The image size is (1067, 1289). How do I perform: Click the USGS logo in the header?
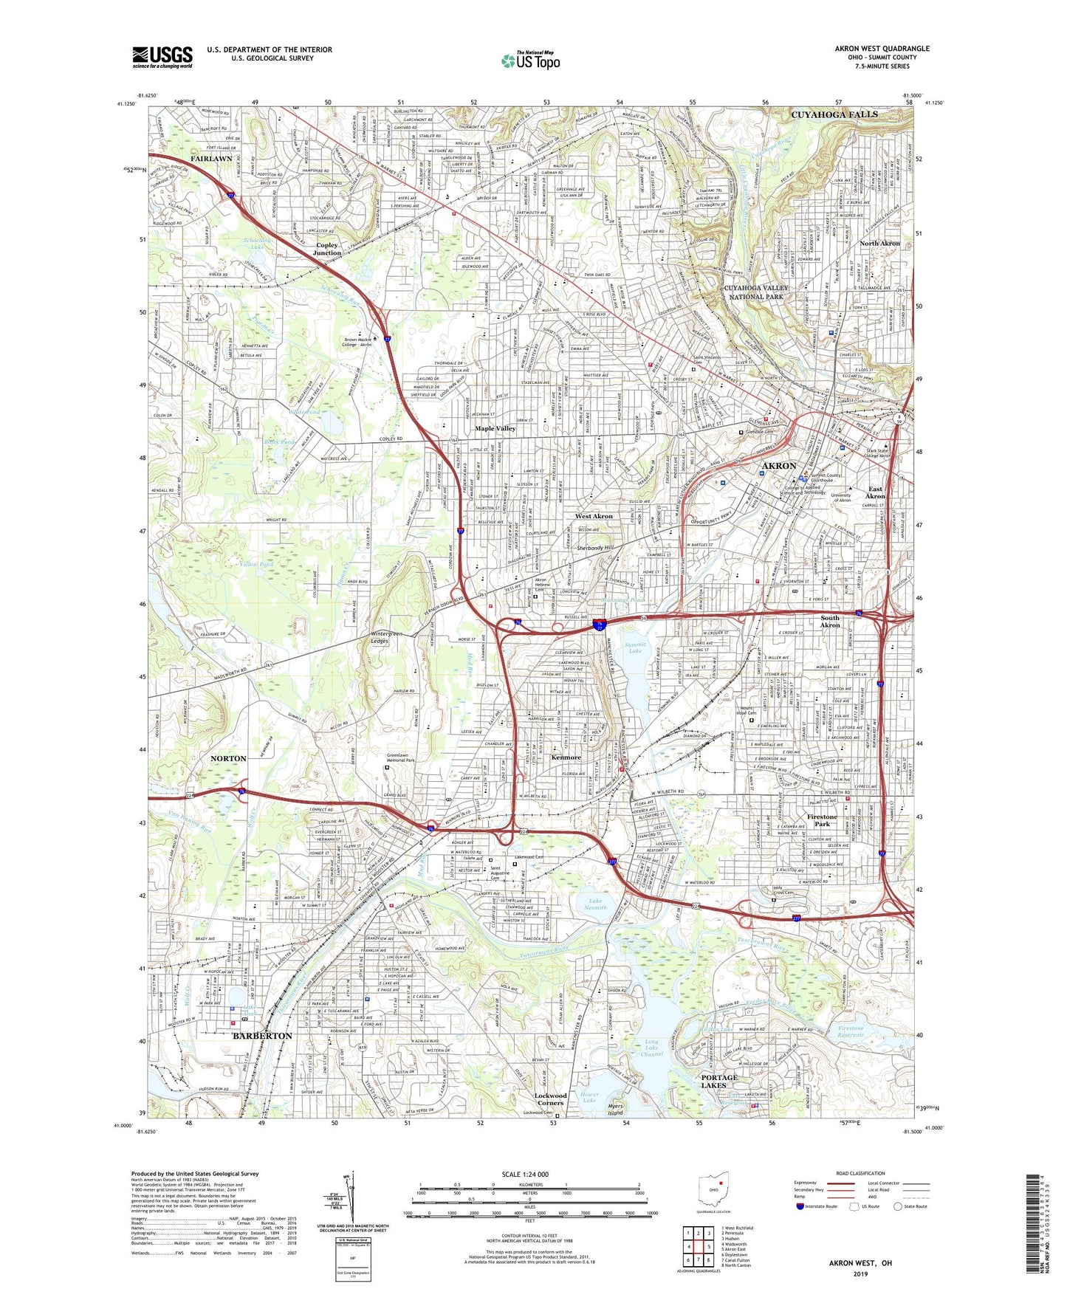coord(162,57)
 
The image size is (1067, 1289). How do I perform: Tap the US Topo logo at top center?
coord(530,61)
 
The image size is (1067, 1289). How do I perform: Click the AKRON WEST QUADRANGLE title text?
coord(882,49)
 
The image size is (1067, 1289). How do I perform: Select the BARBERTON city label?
coord(262,1036)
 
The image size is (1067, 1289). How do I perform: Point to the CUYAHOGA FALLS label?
coord(834,114)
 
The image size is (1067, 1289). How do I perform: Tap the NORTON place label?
coord(228,758)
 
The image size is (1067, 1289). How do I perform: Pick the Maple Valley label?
coord(495,428)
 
